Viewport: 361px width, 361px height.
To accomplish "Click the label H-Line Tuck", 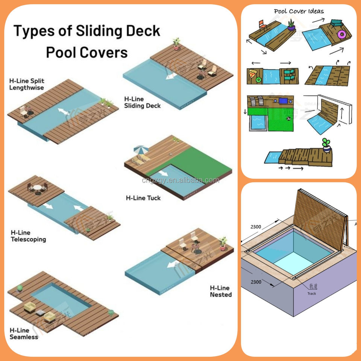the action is tap(143, 198).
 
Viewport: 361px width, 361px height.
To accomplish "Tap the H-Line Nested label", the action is tap(221, 291).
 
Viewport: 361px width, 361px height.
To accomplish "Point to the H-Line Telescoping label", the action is tap(28, 236).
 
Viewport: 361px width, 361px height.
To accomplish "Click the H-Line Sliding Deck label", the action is tap(142, 102).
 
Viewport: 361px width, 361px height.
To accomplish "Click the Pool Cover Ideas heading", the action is tap(299, 11).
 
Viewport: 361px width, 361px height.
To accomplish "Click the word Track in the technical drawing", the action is tap(312, 293).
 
